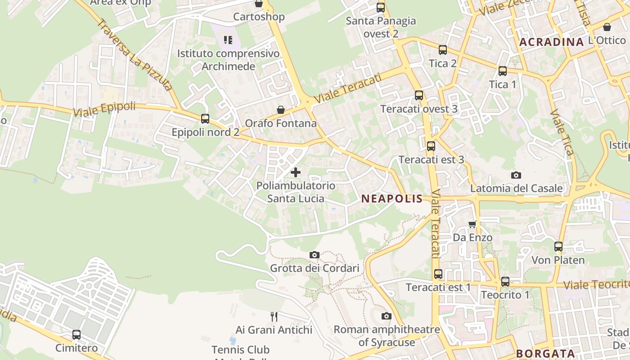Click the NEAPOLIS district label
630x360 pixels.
pos(392,198)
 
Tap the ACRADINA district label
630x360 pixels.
pos(551,42)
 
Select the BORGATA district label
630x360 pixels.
pos(545,353)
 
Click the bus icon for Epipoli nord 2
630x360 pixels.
pos(205,119)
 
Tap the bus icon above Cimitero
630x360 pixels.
pos(76,335)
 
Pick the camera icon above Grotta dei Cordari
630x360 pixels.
pos(315,255)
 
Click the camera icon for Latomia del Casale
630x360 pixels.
pos(516,175)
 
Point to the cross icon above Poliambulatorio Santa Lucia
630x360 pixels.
pos(296,172)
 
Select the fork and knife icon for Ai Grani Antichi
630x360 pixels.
pos(274,316)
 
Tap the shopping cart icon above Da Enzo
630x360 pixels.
pos(472,224)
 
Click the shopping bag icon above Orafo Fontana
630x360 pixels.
pos(281,110)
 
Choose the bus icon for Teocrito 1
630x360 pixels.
pos(505,282)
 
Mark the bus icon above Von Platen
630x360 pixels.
pos(558,247)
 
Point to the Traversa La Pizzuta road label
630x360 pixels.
pos(135,54)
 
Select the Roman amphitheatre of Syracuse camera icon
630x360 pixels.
pos(386,316)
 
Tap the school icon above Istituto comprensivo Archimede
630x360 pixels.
pos(228,40)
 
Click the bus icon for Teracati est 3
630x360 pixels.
pos(431,146)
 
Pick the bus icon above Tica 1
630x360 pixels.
pos(503,71)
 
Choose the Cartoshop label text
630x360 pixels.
pos(259,17)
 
